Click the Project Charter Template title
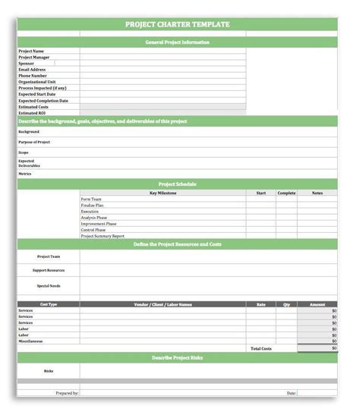(177, 25)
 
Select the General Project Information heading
(177, 42)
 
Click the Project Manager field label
(34, 57)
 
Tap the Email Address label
(32, 69)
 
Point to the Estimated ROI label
(31, 112)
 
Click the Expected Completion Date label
(43, 100)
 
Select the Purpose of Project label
(33, 142)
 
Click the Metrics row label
(25, 173)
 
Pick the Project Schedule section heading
(177, 184)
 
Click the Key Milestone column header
(163, 193)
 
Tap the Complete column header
(286, 193)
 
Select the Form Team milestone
(91, 200)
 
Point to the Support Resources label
(49, 270)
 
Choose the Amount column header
(317, 304)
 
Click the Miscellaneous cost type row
(31, 341)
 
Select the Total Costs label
(261, 348)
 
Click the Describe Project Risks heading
(177, 357)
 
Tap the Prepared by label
(67, 393)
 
